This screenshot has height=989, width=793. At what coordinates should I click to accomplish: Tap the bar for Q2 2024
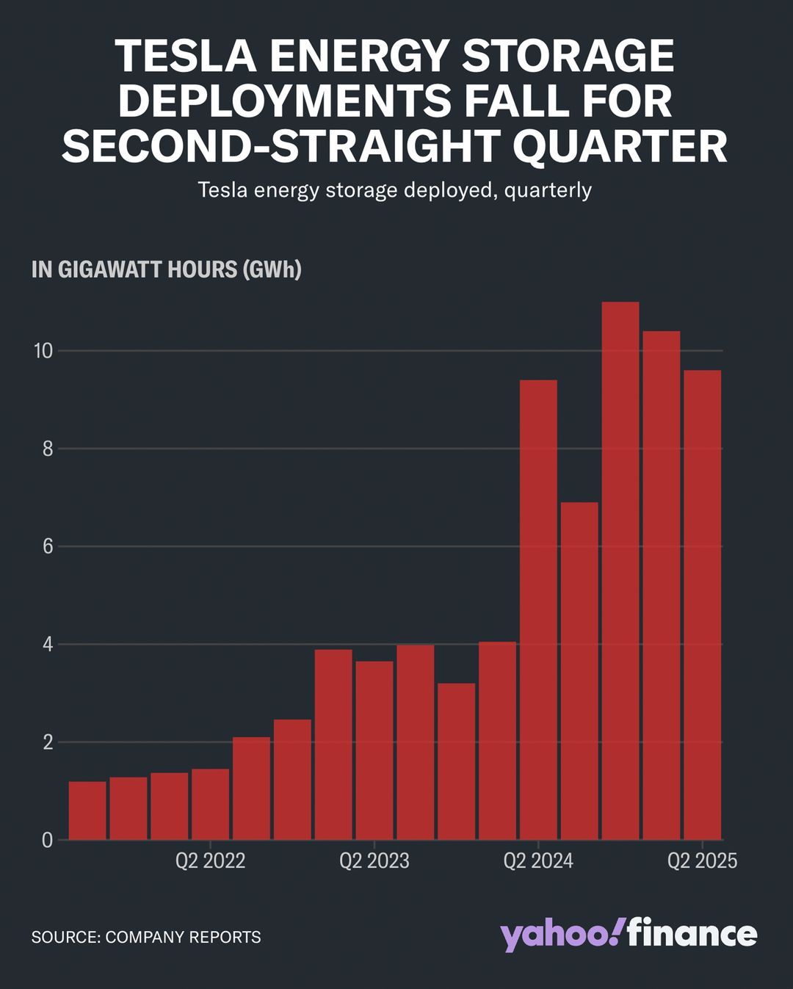pyautogui.click(x=538, y=609)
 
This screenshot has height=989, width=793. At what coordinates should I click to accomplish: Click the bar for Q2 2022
pyautogui.click(x=211, y=804)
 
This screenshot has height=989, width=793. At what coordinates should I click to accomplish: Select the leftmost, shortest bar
pyautogui.click(x=87, y=811)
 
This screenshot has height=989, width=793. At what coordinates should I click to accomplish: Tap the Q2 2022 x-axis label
pyautogui.click(x=210, y=861)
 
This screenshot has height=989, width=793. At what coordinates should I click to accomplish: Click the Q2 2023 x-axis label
pyautogui.click(x=374, y=861)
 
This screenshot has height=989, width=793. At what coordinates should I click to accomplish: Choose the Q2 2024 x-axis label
pyautogui.click(x=537, y=861)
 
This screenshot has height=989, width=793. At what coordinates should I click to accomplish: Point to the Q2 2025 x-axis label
pyautogui.click(x=701, y=861)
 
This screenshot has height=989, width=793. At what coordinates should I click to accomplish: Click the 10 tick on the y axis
pyautogui.click(x=43, y=351)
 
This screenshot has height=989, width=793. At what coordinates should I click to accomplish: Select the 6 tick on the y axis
pyautogui.click(x=48, y=546)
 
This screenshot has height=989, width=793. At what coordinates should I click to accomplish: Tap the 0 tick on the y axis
pyautogui.click(x=48, y=840)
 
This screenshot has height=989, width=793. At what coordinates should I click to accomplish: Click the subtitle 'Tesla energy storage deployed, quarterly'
pyautogui.click(x=395, y=190)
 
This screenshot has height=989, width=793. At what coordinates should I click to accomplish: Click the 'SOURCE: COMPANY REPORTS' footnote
pyautogui.click(x=146, y=937)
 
